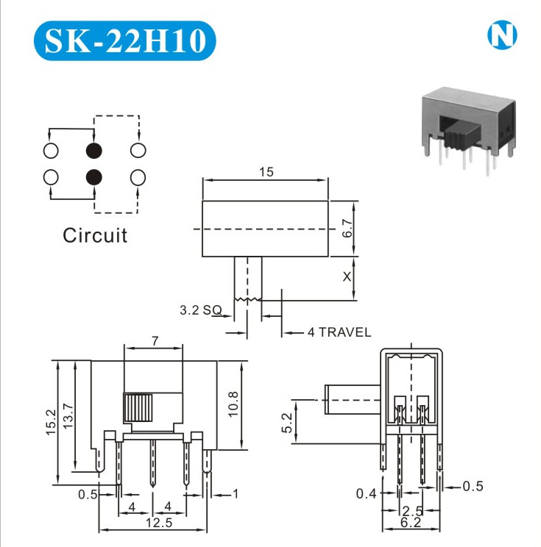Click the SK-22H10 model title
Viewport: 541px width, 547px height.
pos(125,40)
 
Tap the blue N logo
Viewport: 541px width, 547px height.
pos(502,35)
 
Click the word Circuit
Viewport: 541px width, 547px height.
pos(95,235)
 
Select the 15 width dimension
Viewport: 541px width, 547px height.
pos(266,171)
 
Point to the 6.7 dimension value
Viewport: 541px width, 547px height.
pos(347,228)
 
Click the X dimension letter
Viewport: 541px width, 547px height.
pos(347,276)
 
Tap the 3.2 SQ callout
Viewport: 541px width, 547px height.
pos(201,310)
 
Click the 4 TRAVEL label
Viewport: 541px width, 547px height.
pos(339,332)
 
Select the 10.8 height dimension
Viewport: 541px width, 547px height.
pos(233,404)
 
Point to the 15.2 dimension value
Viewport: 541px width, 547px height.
pos(51,422)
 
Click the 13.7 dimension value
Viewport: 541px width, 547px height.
pos(68,416)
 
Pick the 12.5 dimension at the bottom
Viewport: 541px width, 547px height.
pos(159,523)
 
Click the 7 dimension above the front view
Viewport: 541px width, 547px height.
pos(155,340)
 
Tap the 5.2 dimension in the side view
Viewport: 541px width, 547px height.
pos(287,423)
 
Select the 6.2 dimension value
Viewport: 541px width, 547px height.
pos(411,522)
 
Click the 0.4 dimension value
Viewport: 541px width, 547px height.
pos(366,493)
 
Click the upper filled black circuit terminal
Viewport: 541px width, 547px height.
pos(94,151)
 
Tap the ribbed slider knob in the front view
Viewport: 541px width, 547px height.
pos(138,407)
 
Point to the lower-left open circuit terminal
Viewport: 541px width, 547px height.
pos(51,177)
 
